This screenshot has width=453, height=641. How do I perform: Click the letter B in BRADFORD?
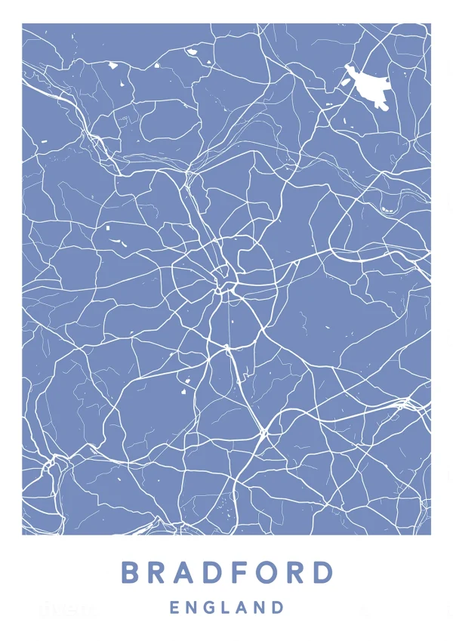(x=131, y=572)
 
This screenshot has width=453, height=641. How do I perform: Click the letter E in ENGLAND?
(x=174, y=607)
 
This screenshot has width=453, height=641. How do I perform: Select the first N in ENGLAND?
(x=193, y=607)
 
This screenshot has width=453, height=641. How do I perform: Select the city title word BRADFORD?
(x=227, y=572)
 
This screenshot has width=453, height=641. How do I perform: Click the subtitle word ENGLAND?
(x=227, y=607)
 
